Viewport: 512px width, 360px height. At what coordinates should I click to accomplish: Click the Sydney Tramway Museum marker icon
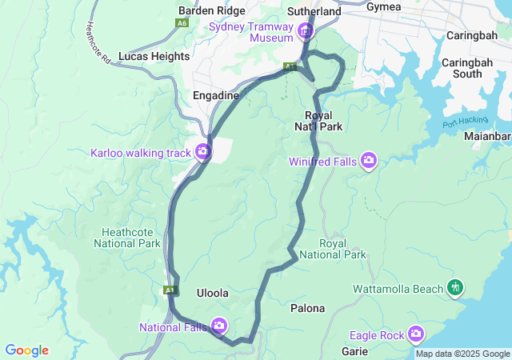pyautogui.click(x=305, y=31)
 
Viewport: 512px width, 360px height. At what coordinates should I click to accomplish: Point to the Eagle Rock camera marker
pyautogui.click(x=416, y=334)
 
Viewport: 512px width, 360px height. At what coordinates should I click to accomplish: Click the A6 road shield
pyautogui.click(x=182, y=24)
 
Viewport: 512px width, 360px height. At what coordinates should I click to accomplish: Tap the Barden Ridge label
pyautogui.click(x=212, y=10)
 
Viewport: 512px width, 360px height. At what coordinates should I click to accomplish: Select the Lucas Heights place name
pyautogui.click(x=154, y=57)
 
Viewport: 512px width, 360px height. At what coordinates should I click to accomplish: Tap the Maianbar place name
pyautogui.click(x=489, y=136)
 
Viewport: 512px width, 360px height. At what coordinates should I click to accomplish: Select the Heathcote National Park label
pyautogui.click(x=132, y=238)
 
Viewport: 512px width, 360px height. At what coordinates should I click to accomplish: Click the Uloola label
pyautogui.click(x=213, y=294)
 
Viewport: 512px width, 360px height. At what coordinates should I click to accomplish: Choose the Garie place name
pyautogui.click(x=354, y=351)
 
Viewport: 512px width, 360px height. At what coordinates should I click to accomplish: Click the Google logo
pyautogui.click(x=26, y=350)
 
